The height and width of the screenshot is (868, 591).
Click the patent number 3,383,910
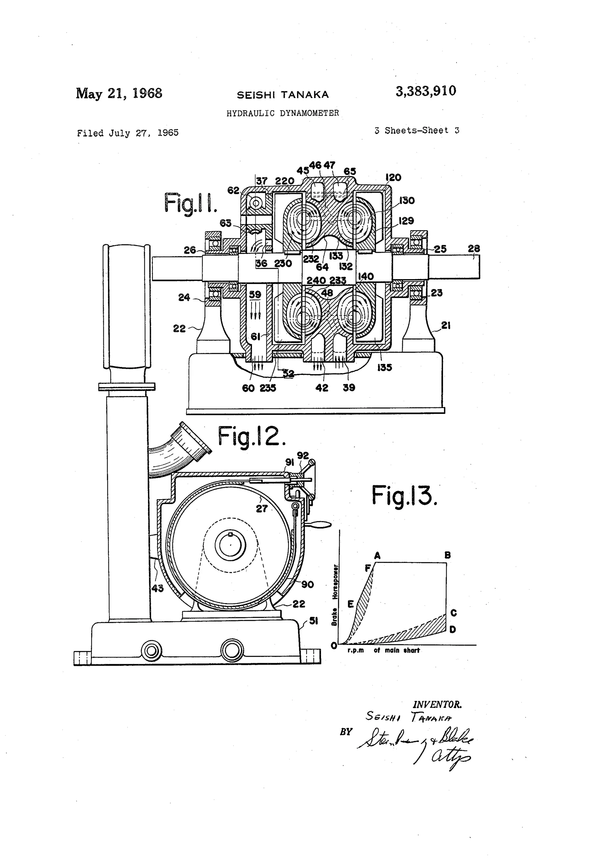(426, 91)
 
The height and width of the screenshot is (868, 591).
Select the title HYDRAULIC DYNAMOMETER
(283, 113)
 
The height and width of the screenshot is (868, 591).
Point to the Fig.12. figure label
(251, 436)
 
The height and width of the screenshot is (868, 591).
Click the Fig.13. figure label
(404, 496)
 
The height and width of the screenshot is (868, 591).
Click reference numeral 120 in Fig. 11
(393, 177)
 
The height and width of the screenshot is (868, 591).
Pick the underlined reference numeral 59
(255, 295)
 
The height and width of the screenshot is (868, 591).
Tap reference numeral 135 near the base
(384, 368)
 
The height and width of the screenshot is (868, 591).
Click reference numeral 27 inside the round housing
(261, 508)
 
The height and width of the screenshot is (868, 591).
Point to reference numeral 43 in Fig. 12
(157, 588)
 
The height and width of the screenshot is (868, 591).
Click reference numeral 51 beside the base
(313, 620)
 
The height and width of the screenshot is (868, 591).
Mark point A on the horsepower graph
(377, 556)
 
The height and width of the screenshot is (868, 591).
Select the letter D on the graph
(453, 630)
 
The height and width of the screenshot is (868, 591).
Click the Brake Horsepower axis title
(335, 595)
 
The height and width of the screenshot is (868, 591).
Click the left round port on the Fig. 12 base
(151, 651)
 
